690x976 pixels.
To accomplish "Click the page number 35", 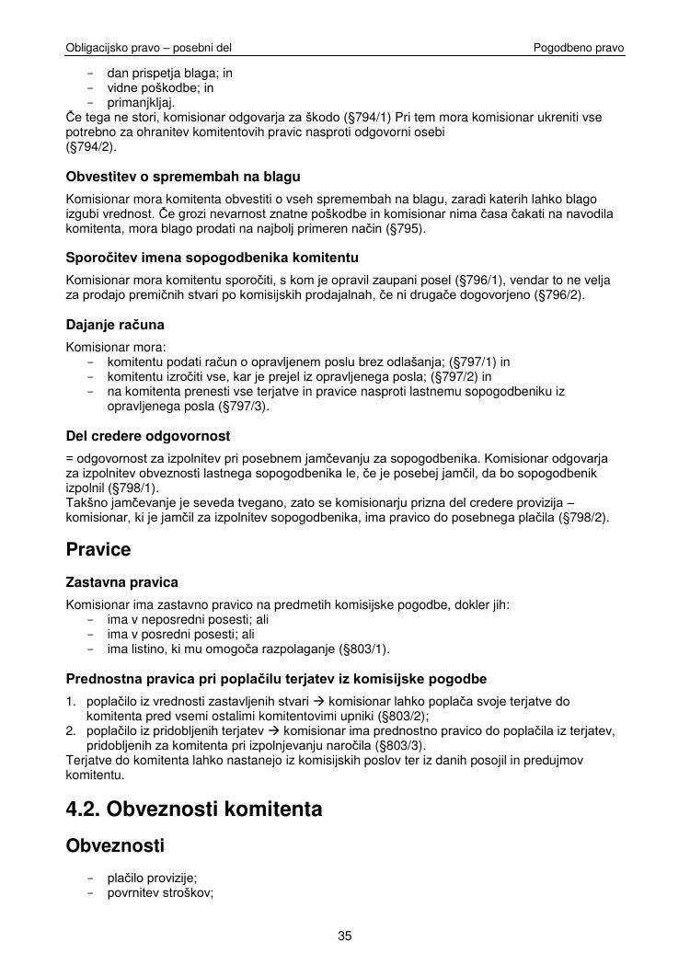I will tap(345, 936).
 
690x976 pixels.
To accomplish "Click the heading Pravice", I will tap(98, 550).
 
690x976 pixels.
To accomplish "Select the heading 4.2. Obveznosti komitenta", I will tap(194, 809).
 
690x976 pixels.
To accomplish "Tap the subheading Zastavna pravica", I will tap(122, 582).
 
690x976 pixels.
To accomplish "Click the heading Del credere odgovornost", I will tap(148, 435).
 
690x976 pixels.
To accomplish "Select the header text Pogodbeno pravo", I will tap(579, 47).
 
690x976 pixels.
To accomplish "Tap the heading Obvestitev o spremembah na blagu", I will tap(183, 176).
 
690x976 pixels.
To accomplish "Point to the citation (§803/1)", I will tap(365, 649).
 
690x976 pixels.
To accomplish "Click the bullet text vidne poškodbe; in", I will tap(160, 87).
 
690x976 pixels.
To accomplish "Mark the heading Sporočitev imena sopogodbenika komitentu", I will tap(212, 257).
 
